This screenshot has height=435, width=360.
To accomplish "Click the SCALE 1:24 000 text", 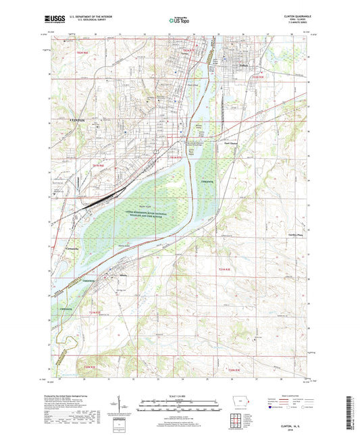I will click(179, 396).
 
